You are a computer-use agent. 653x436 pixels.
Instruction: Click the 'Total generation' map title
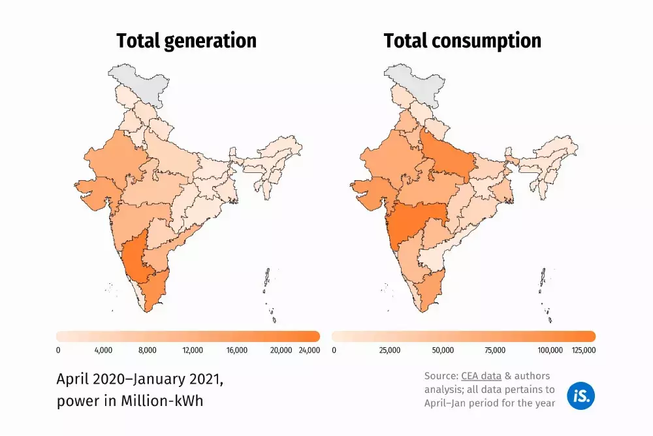click(186, 41)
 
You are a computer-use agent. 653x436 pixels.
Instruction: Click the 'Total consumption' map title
click(462, 41)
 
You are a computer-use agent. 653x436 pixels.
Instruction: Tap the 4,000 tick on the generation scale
click(104, 350)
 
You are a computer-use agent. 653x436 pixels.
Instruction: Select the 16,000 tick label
click(236, 350)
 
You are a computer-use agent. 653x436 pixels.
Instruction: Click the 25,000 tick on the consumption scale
click(390, 350)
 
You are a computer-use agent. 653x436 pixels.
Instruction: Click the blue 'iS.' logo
click(581, 396)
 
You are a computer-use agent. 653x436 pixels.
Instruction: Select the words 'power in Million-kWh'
click(130, 401)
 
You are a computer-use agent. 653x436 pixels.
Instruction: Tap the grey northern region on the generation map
click(138, 83)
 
